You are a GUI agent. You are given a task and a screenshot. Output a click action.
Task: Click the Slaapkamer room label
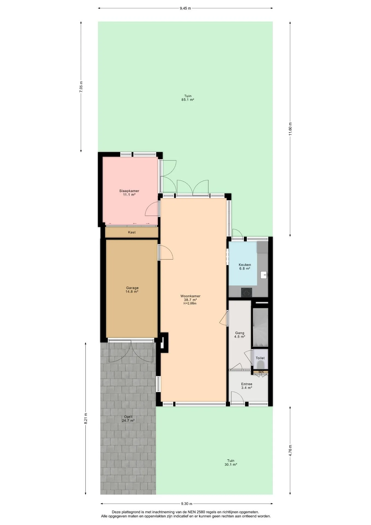pyautogui.click(x=129, y=191)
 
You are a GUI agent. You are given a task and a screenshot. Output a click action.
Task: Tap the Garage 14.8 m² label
pyautogui.click(x=132, y=290)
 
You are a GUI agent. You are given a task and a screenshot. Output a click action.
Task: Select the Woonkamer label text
pyautogui.click(x=190, y=296)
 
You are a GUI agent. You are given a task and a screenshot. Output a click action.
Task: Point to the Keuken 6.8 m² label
pyautogui.click(x=245, y=267)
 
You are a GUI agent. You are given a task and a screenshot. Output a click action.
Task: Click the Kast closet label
pyautogui.click(x=132, y=232)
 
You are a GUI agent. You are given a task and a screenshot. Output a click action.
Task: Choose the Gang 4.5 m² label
pyautogui.click(x=240, y=335)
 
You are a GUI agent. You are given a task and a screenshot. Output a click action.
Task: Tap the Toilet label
pyautogui.click(x=260, y=358)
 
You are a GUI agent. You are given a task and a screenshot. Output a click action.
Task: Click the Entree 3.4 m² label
pyautogui.click(x=247, y=386)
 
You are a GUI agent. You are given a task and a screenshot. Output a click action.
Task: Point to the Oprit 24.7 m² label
pyautogui.click(x=128, y=419)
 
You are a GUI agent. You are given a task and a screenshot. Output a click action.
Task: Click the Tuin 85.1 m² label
pyautogui.click(x=188, y=98)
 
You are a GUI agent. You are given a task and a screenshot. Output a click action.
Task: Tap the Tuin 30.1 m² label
pyautogui.click(x=231, y=462)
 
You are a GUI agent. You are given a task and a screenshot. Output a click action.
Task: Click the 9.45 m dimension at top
pyautogui.click(x=185, y=8)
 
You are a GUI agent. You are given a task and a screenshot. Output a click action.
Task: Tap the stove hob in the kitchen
pyautogui.click(x=246, y=293)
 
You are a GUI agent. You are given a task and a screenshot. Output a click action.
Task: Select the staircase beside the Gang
pyautogui.click(x=260, y=328)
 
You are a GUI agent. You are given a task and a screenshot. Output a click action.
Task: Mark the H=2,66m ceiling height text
pyautogui.click(x=190, y=303)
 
